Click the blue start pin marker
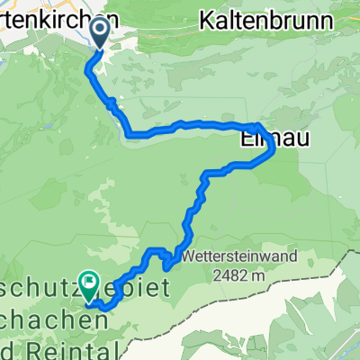(x=98, y=34)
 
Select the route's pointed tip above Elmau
(x=259, y=124)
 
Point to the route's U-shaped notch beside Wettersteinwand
(x=168, y=263)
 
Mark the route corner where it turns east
(x=132, y=135)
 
